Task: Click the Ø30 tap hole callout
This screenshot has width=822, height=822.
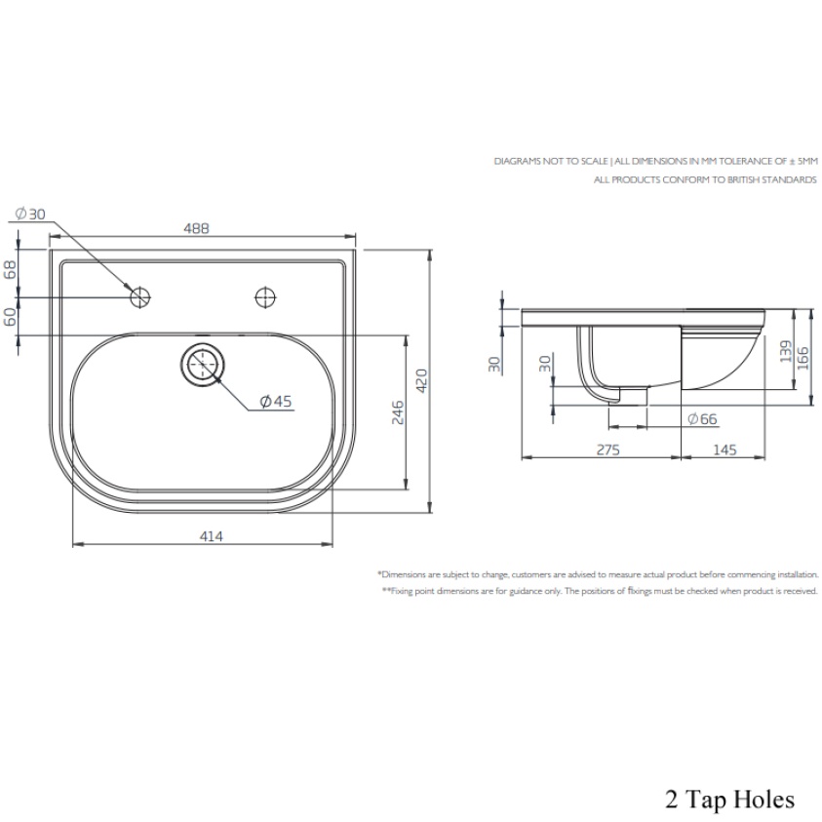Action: pos(31,214)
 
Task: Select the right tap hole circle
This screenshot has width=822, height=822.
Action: pos(265,295)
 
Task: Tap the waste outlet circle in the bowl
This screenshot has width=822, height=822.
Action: pos(203,364)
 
